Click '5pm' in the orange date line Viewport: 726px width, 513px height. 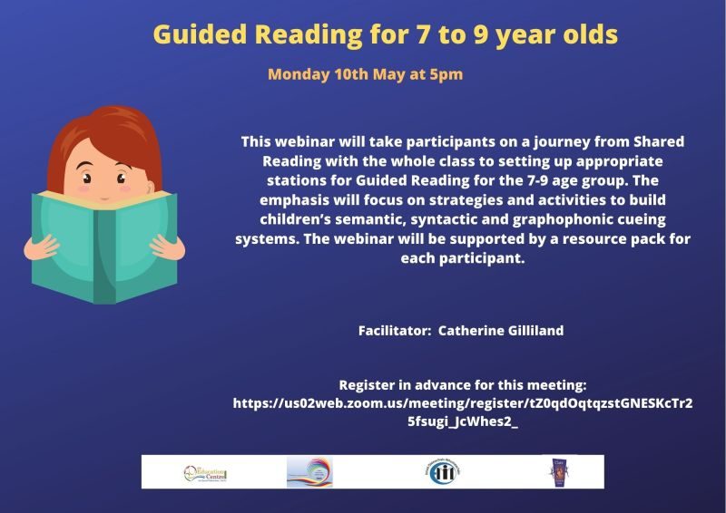(445, 74)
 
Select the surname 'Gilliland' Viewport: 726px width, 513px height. (531, 331)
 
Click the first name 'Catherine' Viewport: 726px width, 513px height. (467, 331)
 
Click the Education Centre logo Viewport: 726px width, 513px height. (204, 472)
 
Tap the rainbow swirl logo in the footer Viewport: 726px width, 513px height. (309, 472)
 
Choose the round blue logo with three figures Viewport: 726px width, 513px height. (438, 472)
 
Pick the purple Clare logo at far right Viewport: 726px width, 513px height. (554, 472)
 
